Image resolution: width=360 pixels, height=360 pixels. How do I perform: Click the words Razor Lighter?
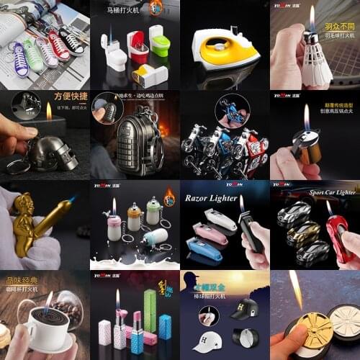[210, 197]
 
